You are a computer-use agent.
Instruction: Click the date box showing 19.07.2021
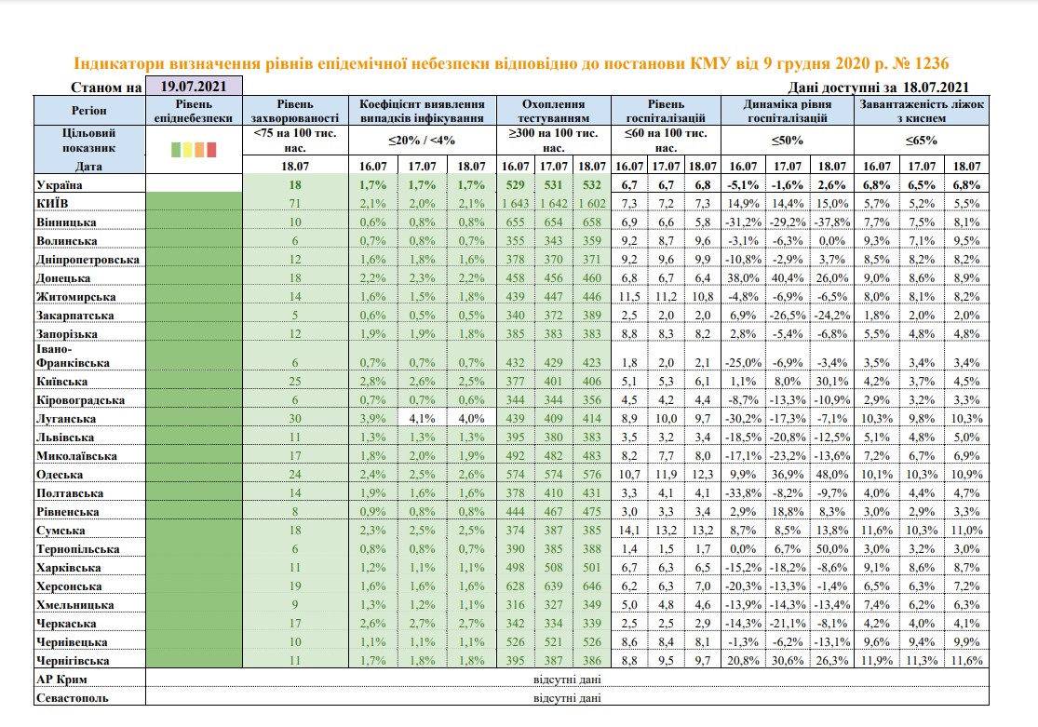click(194, 87)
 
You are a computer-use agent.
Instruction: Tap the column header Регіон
click(90, 111)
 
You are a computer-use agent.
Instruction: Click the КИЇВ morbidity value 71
click(294, 203)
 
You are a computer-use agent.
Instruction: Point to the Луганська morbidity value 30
click(294, 418)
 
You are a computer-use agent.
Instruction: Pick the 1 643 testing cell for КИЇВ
click(515, 203)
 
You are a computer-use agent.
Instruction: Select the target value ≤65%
click(921, 141)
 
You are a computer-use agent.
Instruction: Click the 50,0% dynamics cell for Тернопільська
click(831, 548)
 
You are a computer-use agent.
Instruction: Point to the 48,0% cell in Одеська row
click(831, 474)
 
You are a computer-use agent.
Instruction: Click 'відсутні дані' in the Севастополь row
click(566, 697)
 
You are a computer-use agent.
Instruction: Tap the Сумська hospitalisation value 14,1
click(628, 530)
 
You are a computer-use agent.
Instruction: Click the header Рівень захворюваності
click(294, 111)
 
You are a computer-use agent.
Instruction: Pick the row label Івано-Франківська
click(72, 357)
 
